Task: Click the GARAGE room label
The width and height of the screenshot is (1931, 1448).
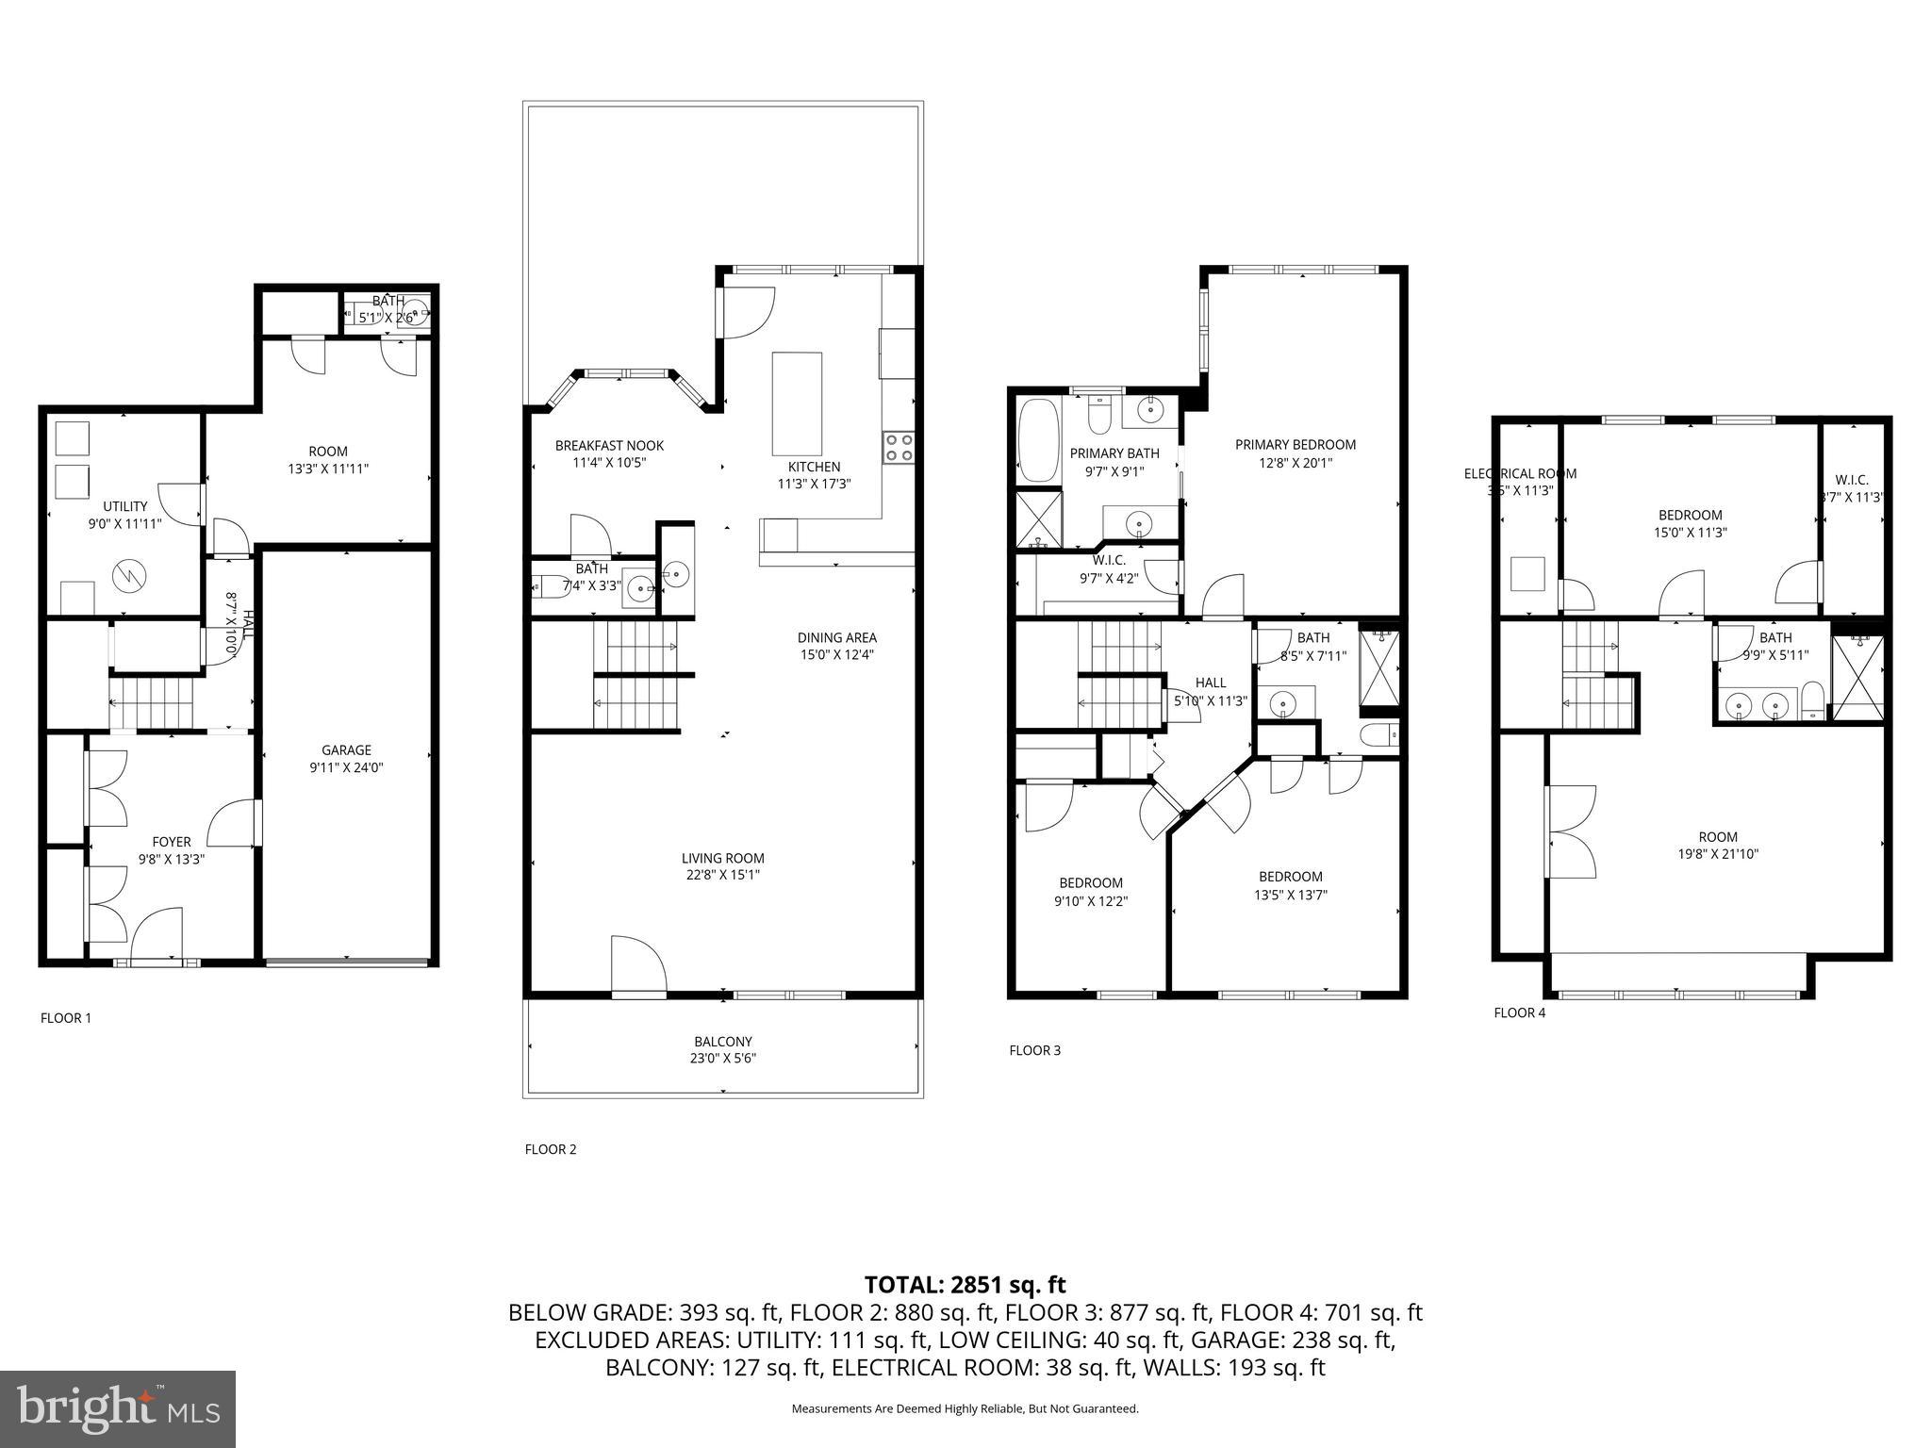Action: click(346, 750)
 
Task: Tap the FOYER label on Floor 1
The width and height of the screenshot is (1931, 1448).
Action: click(172, 842)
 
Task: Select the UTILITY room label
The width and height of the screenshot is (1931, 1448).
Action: click(125, 506)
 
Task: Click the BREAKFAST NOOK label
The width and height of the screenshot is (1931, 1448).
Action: click(609, 446)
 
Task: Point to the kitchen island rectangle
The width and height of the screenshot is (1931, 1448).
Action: click(797, 403)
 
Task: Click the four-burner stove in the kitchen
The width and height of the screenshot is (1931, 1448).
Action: click(899, 447)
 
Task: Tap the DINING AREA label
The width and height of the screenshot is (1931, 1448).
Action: click(836, 638)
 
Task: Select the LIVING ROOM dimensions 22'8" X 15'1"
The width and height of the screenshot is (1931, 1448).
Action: click(722, 875)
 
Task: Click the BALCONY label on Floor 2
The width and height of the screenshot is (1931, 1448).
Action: click(723, 1042)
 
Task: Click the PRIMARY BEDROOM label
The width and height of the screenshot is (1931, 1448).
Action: click(1296, 445)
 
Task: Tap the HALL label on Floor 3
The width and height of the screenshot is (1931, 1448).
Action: click(1211, 683)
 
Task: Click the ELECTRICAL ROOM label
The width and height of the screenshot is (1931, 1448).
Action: click(1519, 473)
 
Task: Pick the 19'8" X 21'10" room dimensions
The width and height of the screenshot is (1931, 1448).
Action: click(1718, 854)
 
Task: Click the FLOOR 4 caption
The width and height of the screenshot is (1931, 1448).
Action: click(1519, 1013)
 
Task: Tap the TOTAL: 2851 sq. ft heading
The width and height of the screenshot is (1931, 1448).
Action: click(965, 1285)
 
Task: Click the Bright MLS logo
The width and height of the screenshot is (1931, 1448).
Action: click(118, 1408)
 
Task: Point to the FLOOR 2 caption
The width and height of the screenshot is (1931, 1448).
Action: click(550, 1149)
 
